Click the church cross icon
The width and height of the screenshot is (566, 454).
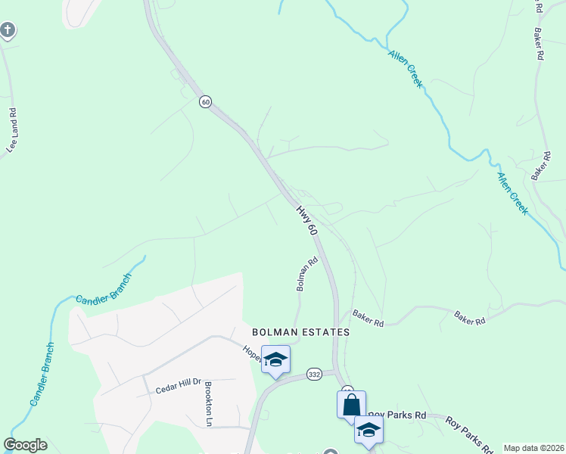(x=7, y=30)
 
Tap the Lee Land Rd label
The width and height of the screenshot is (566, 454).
(x=12, y=131)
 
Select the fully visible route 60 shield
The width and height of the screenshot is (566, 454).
(x=205, y=101)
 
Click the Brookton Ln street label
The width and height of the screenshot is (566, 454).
(x=207, y=404)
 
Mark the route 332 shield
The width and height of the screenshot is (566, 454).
(x=316, y=375)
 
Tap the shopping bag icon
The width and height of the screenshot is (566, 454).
(x=351, y=404)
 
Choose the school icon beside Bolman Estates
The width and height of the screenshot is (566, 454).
(x=275, y=359)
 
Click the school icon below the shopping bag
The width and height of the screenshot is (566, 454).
(x=369, y=430)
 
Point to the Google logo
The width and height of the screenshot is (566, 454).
(x=25, y=445)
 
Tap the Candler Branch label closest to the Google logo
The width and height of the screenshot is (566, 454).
(x=42, y=373)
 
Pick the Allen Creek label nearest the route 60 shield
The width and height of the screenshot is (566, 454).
(x=406, y=69)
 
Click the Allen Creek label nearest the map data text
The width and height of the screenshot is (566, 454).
(x=512, y=192)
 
